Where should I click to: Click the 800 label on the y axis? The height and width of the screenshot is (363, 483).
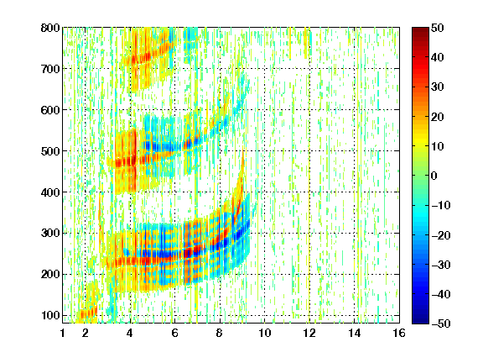pyautogui.click(x=50, y=28)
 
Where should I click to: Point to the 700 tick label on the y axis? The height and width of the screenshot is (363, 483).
pyautogui.click(x=50, y=69)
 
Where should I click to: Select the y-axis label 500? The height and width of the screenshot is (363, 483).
pyautogui.click(x=50, y=151)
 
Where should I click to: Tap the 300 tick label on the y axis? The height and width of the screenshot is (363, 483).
pyautogui.click(x=50, y=233)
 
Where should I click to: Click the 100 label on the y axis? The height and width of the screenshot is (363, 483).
pyautogui.click(x=50, y=315)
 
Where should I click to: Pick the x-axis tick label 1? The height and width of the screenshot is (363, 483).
pyautogui.click(x=63, y=333)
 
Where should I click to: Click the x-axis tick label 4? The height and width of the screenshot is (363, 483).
pyautogui.click(x=130, y=333)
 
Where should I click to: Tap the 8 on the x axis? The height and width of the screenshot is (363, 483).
pyautogui.click(x=220, y=333)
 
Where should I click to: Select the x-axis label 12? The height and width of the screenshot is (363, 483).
pyautogui.click(x=309, y=333)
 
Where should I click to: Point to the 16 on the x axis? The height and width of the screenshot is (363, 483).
pyautogui.click(x=399, y=333)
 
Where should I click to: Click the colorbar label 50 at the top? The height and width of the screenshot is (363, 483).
pyautogui.click(x=438, y=28)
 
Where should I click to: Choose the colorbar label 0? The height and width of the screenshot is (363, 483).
pyautogui.click(x=434, y=176)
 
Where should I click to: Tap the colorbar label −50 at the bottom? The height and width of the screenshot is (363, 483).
pyautogui.click(x=440, y=324)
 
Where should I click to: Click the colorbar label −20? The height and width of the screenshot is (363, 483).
pyautogui.click(x=440, y=235)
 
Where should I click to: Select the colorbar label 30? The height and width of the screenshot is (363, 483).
pyautogui.click(x=438, y=87)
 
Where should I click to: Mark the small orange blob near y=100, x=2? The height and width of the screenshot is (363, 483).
pyautogui.click(x=87, y=313)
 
